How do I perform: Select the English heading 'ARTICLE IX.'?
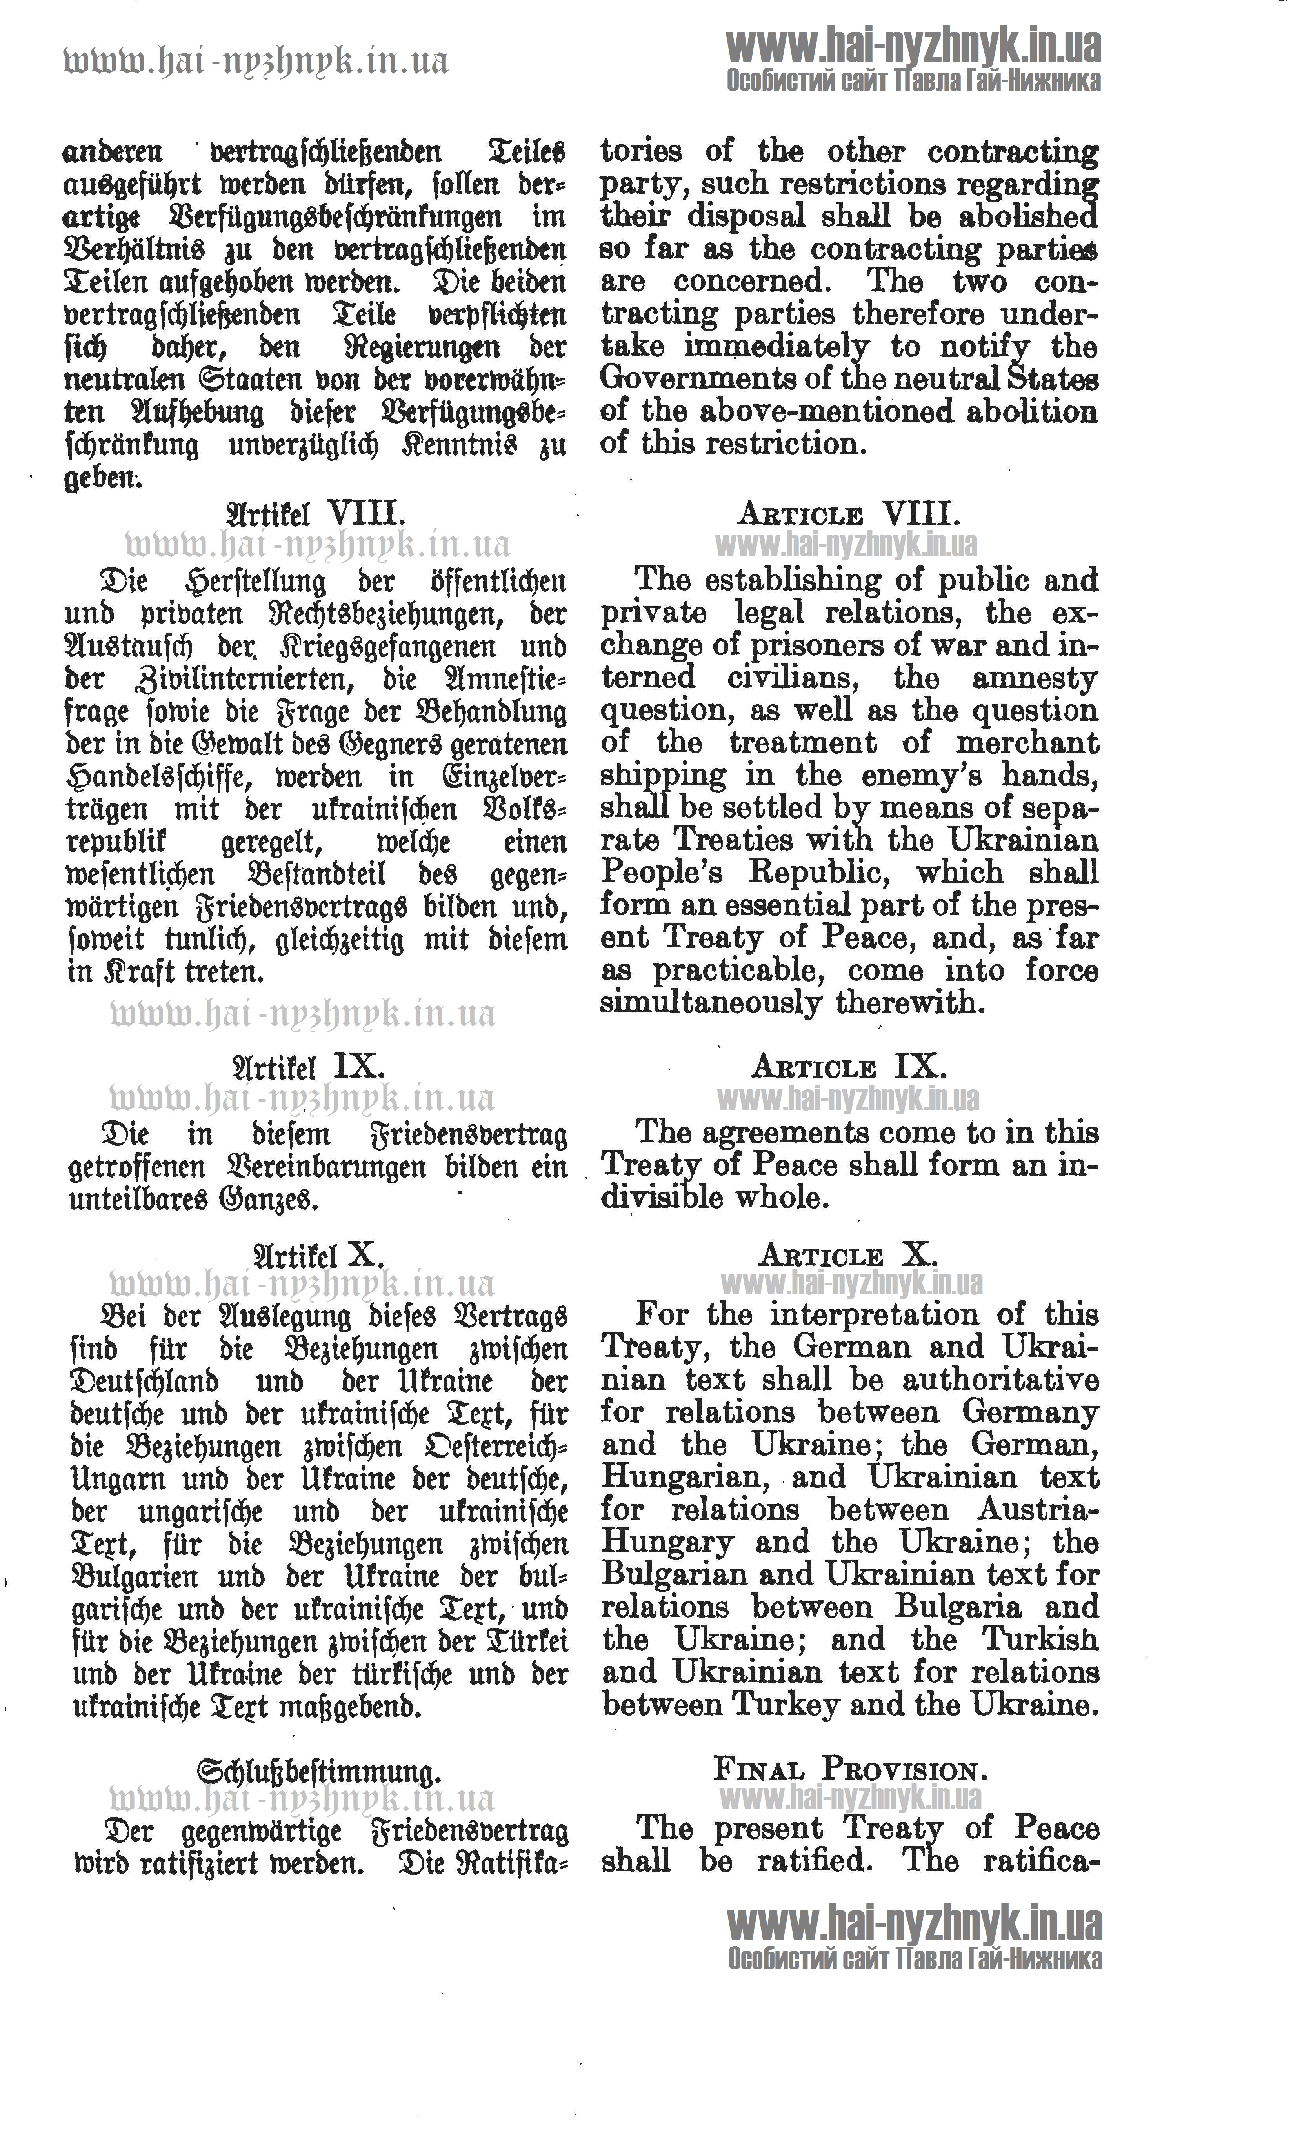(x=849, y=1066)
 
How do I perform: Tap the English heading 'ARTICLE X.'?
(x=849, y=1255)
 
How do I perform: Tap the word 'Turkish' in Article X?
(x=1039, y=1640)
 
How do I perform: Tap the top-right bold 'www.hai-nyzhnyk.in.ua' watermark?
(x=913, y=45)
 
